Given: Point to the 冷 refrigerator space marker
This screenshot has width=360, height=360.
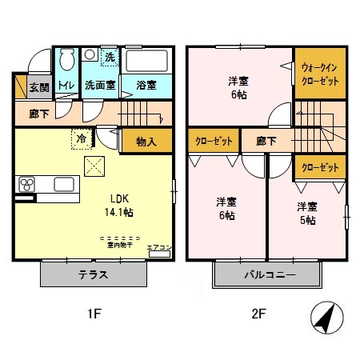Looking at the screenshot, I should coord(82,137).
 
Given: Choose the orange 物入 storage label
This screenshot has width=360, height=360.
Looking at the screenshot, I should coord(146,142).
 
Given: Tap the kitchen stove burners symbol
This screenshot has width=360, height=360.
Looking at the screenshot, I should coord(26,186).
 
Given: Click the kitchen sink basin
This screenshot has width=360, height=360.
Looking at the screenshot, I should coord(64,185).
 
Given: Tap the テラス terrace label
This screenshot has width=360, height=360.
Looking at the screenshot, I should coord(94,275).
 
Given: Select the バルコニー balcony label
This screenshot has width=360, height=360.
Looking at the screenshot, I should coord(270,275).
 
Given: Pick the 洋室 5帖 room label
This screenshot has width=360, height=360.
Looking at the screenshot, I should coord(307,213).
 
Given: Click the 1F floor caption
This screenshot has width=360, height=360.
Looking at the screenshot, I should coord(94,314).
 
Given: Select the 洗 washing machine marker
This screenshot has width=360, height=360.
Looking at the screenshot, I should coord(109,58).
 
